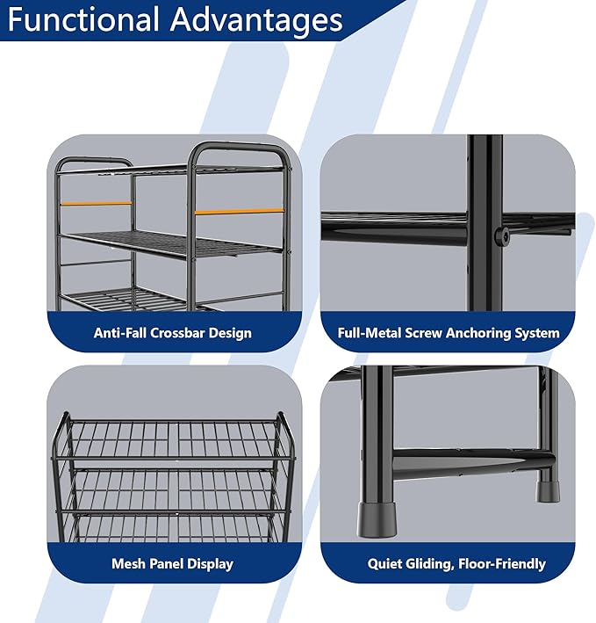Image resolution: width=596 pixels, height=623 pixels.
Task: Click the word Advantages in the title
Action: click(x=256, y=19)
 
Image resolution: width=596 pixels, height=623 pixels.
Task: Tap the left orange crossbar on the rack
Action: click(x=96, y=204)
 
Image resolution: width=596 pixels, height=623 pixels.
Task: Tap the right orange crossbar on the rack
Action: click(x=240, y=212)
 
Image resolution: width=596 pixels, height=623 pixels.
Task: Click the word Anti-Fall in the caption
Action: click(x=120, y=332)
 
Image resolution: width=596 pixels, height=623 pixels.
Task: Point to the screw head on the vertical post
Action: click(x=502, y=236)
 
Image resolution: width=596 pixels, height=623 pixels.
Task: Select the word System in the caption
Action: click(x=537, y=333)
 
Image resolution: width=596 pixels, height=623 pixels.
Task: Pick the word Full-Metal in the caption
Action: click(x=370, y=332)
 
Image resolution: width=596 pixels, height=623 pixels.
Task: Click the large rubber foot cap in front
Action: click(x=377, y=519)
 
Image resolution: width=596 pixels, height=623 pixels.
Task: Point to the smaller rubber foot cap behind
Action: click(x=548, y=491)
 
